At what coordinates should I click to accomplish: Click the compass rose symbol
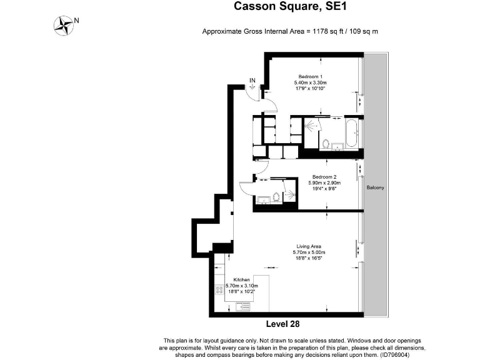[x=64, y=25]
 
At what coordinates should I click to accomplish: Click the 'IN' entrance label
[x=252, y=80]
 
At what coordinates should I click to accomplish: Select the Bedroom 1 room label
[x=310, y=76]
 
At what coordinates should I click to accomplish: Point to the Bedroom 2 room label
[x=324, y=177]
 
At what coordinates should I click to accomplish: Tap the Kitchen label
[x=242, y=279]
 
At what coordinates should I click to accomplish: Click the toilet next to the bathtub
[x=326, y=143]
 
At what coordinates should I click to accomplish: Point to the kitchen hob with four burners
[x=219, y=290]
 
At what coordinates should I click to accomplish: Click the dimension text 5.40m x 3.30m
[x=310, y=82]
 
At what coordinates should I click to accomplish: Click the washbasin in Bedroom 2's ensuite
[x=262, y=200]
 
